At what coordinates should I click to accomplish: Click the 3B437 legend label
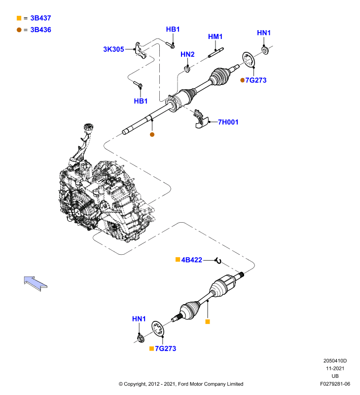tap(40, 18)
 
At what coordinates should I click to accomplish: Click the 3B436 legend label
tap(40, 30)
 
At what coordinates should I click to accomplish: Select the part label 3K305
tap(113, 49)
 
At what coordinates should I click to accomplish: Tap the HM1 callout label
tap(215, 37)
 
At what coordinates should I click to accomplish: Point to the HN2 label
tap(187, 54)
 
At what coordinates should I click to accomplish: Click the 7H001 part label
tap(228, 122)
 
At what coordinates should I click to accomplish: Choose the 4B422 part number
tap(191, 260)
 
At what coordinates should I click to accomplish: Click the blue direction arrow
tap(35, 283)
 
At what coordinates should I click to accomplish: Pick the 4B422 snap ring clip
tap(218, 261)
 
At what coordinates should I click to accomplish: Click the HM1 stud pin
tap(216, 52)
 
